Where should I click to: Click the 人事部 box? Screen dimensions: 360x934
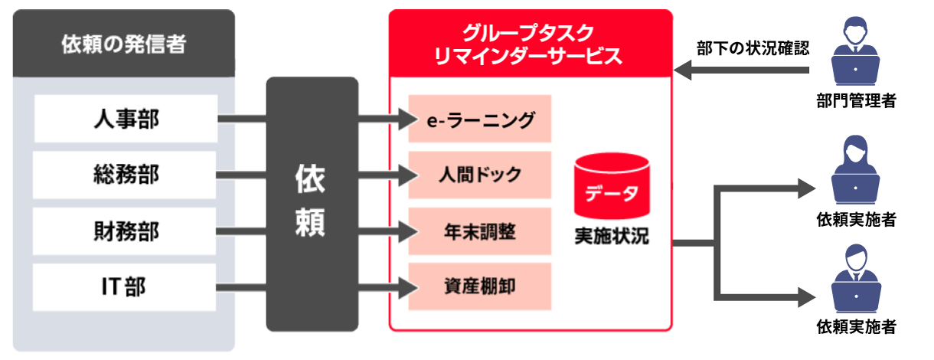(126, 119)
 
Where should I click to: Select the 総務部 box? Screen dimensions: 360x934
(126, 175)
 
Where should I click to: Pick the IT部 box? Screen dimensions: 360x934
(126, 287)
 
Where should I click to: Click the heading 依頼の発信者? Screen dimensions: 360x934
(123, 44)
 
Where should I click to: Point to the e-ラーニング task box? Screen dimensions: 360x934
(479, 119)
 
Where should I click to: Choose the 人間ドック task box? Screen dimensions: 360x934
(479, 175)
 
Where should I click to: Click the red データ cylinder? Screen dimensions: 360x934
(611, 186)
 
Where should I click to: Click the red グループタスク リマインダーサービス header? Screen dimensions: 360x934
(530, 44)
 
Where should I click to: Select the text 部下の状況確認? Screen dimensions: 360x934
(753, 47)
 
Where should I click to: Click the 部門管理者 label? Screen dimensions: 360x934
(856, 100)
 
